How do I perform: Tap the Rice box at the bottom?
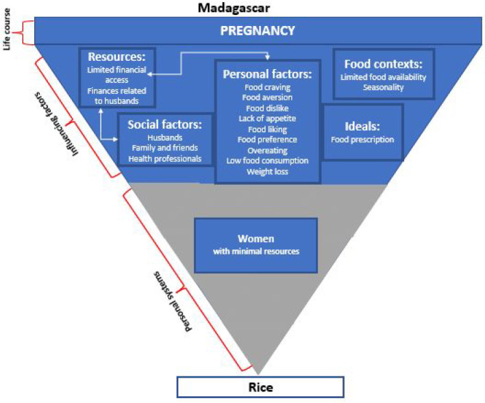[x=260, y=387]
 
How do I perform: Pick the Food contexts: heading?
[x=383, y=64]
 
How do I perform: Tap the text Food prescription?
[x=362, y=140]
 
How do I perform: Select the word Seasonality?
[x=383, y=88]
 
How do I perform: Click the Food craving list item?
[x=266, y=88]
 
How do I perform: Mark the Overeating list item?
[x=266, y=150]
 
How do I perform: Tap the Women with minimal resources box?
[x=256, y=244]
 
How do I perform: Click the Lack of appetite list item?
[x=266, y=118]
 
